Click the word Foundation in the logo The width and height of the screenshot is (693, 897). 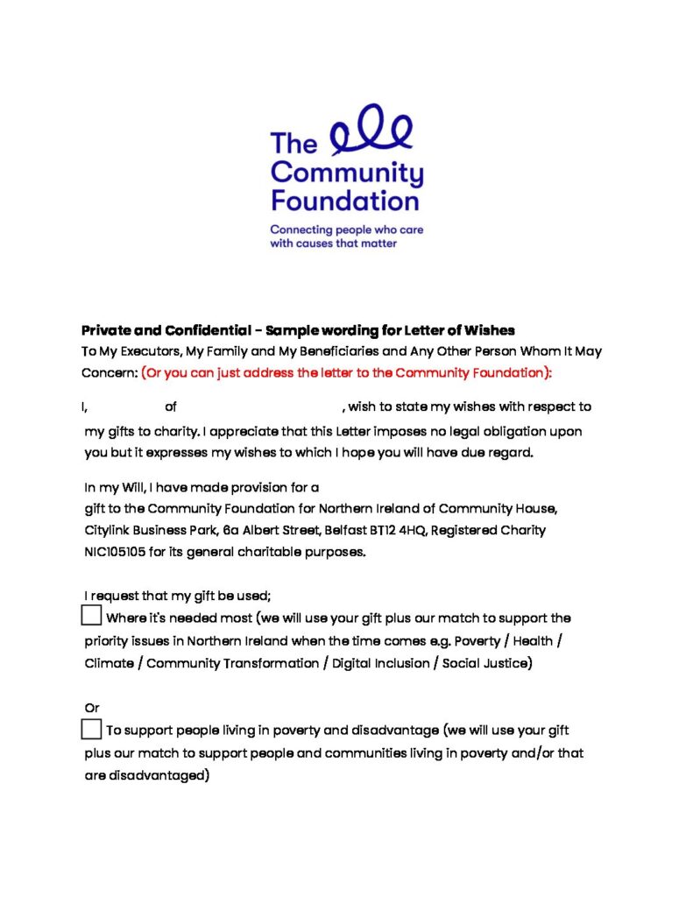coord(344,201)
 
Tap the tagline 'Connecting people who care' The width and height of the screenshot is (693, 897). coord(346,230)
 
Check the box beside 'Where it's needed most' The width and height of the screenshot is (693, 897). coord(91,616)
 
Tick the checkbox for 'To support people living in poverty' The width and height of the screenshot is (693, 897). coord(91,729)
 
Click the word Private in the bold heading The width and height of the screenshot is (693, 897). coord(106,330)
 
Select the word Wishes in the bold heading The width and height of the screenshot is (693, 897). coord(491,330)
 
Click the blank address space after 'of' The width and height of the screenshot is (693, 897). coord(258,406)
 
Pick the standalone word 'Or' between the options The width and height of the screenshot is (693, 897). coord(92,707)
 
